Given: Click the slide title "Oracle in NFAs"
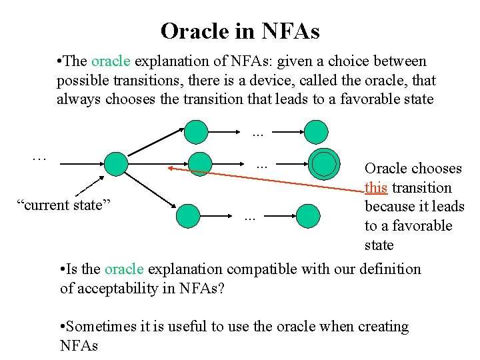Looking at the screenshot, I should pos(240,31).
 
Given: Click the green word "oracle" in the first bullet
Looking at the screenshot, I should pos(112,61).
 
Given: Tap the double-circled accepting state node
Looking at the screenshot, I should pos(324,163).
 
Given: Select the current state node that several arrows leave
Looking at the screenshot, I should pos(115,163).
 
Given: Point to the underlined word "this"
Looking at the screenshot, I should pos(376,188).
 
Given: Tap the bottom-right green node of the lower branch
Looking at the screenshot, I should pos(308,215).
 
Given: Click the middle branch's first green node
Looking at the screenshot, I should pos(199,163).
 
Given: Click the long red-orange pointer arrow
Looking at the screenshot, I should pos(267,179).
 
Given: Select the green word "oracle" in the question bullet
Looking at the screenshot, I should pos(125,269).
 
